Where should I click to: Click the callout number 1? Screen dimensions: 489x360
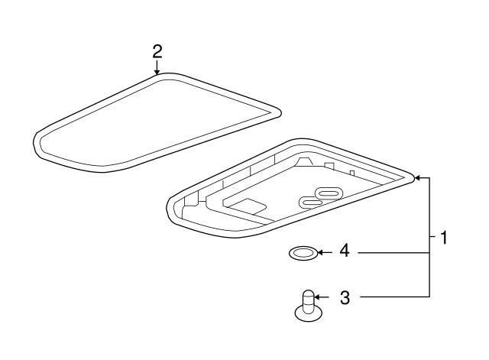point(443,238)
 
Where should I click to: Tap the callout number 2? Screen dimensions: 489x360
point(157,52)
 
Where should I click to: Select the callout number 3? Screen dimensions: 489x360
point(345,297)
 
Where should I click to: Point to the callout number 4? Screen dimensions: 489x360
point(345,251)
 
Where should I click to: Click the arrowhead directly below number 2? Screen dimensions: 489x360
point(157,72)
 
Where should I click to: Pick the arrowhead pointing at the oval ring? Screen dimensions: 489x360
point(320,252)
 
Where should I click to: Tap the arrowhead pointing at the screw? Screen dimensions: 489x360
point(318,297)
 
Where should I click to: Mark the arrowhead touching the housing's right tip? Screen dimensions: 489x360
point(417,178)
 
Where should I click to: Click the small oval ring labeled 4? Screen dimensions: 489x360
point(303,253)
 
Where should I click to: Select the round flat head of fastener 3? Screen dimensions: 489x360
point(309,314)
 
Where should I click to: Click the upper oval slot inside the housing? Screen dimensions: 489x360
point(329,193)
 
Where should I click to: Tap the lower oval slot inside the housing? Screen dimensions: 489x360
point(311,203)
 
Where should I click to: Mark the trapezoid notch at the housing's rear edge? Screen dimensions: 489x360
point(303,161)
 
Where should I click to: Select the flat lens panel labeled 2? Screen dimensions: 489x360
point(157,122)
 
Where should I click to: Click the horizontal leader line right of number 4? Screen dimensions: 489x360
point(393,253)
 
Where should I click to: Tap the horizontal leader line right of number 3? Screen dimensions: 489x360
point(395,297)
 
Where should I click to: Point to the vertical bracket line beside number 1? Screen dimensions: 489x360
point(429,237)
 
